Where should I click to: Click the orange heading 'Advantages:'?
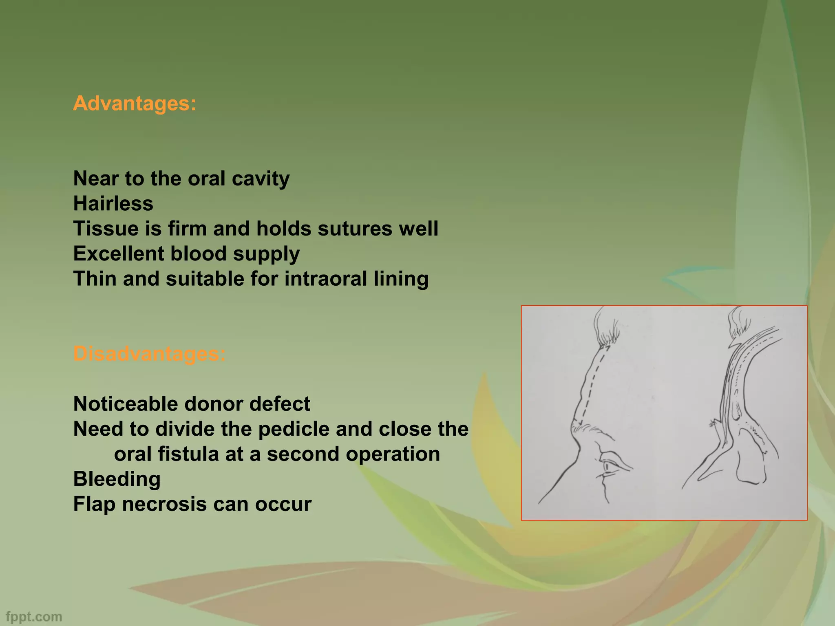pyautogui.click(x=135, y=103)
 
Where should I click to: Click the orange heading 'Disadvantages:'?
pyautogui.click(x=149, y=353)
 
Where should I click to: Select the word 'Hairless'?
pyautogui.click(x=113, y=203)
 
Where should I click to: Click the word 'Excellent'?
pyautogui.click(x=119, y=253)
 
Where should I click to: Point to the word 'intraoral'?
pyautogui.click(x=320, y=279)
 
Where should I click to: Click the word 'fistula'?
pyautogui.click(x=188, y=454)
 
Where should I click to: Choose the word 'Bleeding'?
pyautogui.click(x=117, y=479)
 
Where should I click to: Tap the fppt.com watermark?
pyautogui.click(x=34, y=617)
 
